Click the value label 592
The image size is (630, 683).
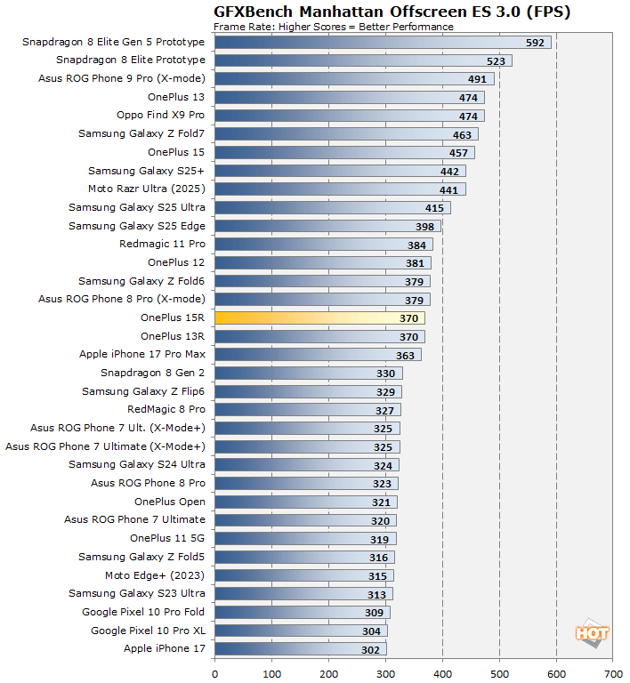pyautogui.click(x=535, y=42)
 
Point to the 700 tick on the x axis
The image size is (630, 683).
pyautogui.click(x=613, y=672)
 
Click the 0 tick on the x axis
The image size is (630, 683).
pyautogui.click(x=214, y=672)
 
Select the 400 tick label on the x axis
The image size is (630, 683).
pyautogui.click(x=442, y=672)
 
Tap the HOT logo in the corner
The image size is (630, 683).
pyautogui.click(x=592, y=633)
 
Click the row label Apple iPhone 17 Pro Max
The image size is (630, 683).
pyautogui.click(x=142, y=354)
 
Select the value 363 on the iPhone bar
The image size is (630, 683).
pyautogui.click(x=406, y=355)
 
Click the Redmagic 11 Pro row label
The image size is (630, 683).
pyautogui.click(x=162, y=244)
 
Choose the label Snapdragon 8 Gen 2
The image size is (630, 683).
pyautogui.click(x=152, y=373)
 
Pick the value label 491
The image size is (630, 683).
pyautogui.click(x=478, y=78)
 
